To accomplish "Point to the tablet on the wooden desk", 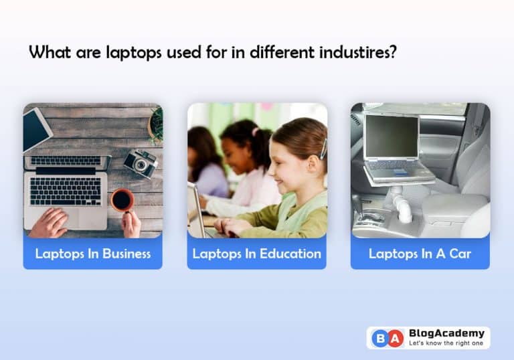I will [x=37, y=128].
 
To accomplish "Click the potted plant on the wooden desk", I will [x=156, y=124].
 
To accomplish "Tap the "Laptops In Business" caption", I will [x=92, y=254].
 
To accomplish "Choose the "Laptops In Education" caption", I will [x=256, y=254].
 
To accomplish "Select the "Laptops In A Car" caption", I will [x=420, y=254].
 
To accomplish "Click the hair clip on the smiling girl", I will [x=323, y=148].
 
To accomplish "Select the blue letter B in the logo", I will [x=379, y=338].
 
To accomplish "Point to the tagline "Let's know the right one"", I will [x=445, y=344].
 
